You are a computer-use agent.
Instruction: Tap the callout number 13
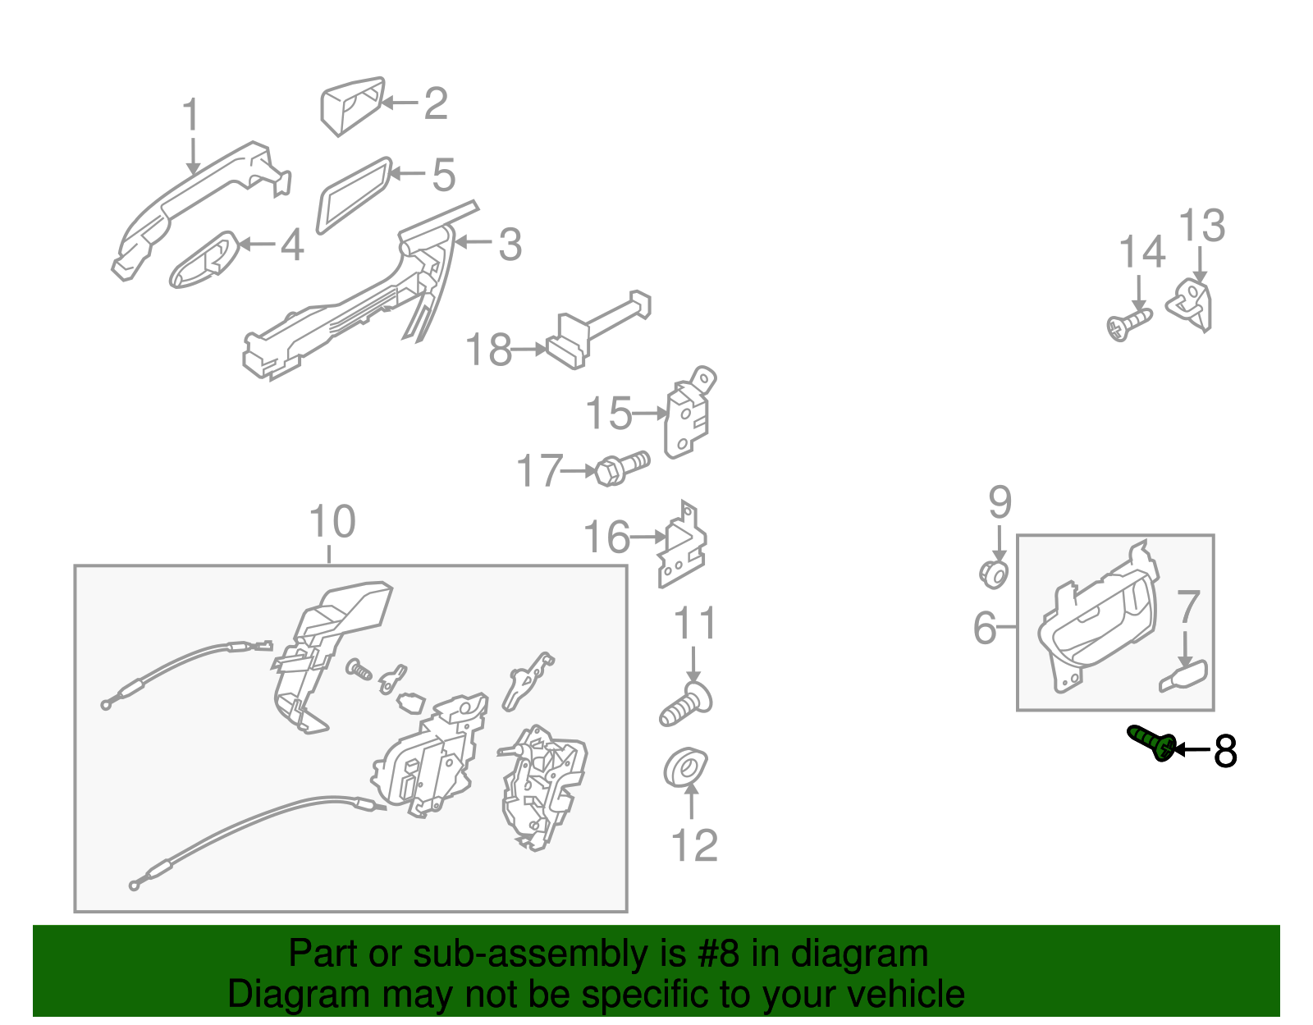1201,226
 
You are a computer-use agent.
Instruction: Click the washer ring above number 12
685,767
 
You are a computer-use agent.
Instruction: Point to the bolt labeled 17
621,468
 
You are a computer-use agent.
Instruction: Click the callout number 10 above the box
332,522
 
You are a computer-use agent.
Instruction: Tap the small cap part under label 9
994,573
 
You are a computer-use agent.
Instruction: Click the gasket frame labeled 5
355,195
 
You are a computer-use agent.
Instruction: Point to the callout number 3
510,245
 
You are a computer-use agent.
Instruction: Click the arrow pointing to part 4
257,245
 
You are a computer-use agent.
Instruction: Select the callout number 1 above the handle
190,115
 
